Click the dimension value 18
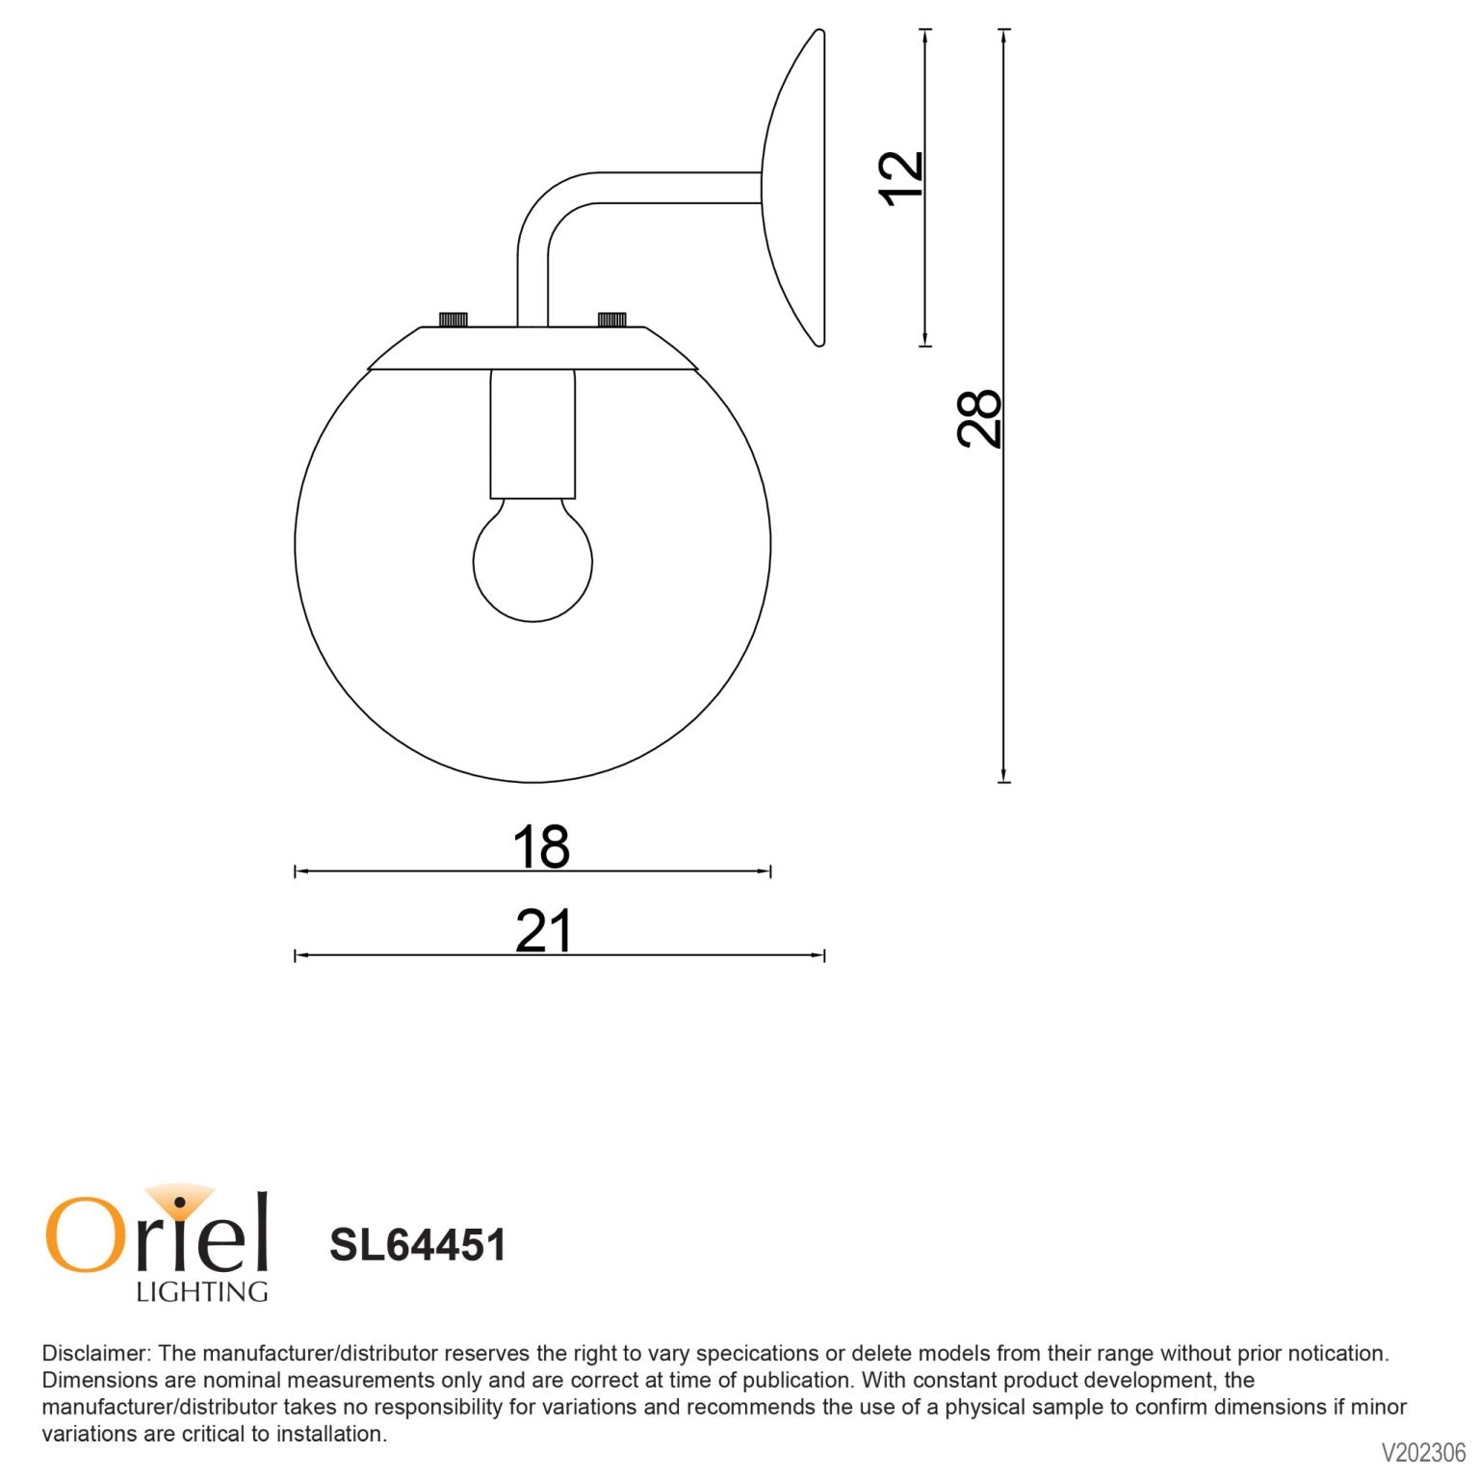pos(540,847)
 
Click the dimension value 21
pos(543,931)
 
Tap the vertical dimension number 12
pos(901,177)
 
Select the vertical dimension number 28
pos(979,418)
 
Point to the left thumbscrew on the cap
pos(453,320)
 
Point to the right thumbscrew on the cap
pos(612,320)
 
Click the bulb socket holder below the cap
pos(532,433)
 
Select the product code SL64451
pos(417,1244)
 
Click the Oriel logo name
pos(156,1232)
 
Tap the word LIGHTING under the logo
pos(201,1292)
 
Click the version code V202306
pos(1423,1452)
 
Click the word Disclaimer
pos(93,1353)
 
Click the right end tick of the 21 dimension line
pos(824,955)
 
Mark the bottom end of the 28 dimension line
pos(1003,781)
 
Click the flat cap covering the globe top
pos(532,349)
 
